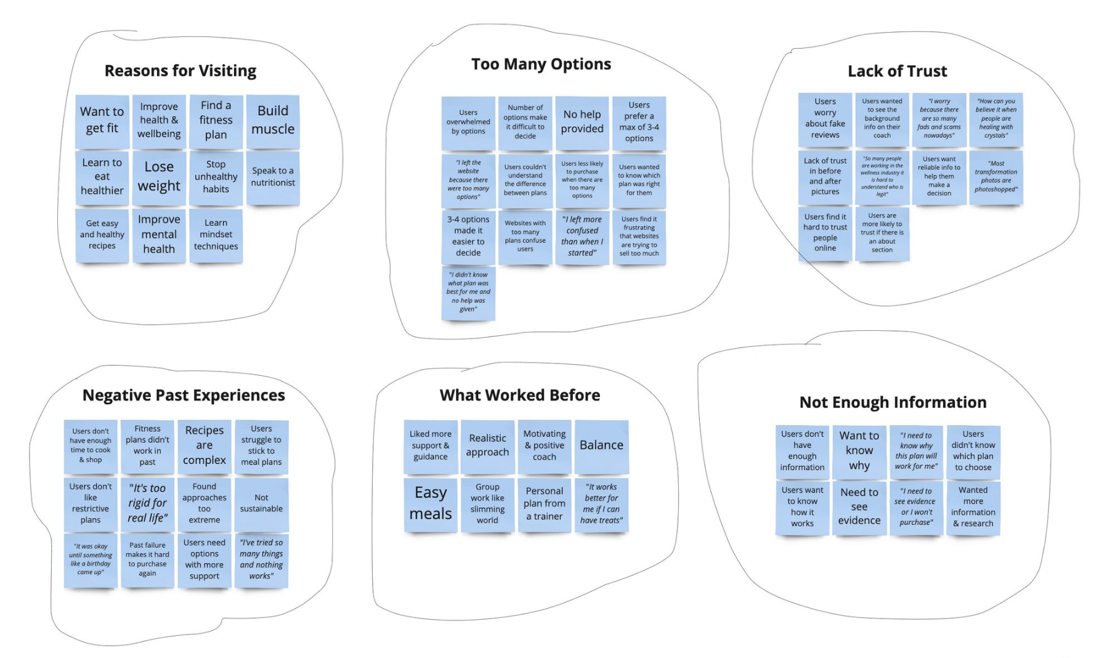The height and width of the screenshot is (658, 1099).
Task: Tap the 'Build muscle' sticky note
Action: click(273, 121)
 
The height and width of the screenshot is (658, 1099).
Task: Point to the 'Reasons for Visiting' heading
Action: click(180, 71)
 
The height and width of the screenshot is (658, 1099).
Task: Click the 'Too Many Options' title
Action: click(541, 64)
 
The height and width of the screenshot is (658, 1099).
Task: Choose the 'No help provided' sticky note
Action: click(582, 123)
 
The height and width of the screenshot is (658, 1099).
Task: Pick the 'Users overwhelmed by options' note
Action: click(468, 123)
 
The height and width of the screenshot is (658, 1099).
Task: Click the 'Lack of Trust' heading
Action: click(898, 71)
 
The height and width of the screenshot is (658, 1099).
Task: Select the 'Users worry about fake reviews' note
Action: click(825, 120)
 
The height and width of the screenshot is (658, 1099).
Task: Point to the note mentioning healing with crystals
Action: click(996, 120)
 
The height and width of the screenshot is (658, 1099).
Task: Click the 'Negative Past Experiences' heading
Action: click(184, 396)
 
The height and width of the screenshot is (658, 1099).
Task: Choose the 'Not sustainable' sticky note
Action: click(261, 505)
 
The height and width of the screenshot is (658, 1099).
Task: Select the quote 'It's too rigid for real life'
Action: click(147, 505)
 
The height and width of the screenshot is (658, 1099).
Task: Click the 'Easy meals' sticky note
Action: click(431, 505)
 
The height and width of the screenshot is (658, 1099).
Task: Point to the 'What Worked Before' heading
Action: click(520, 396)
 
